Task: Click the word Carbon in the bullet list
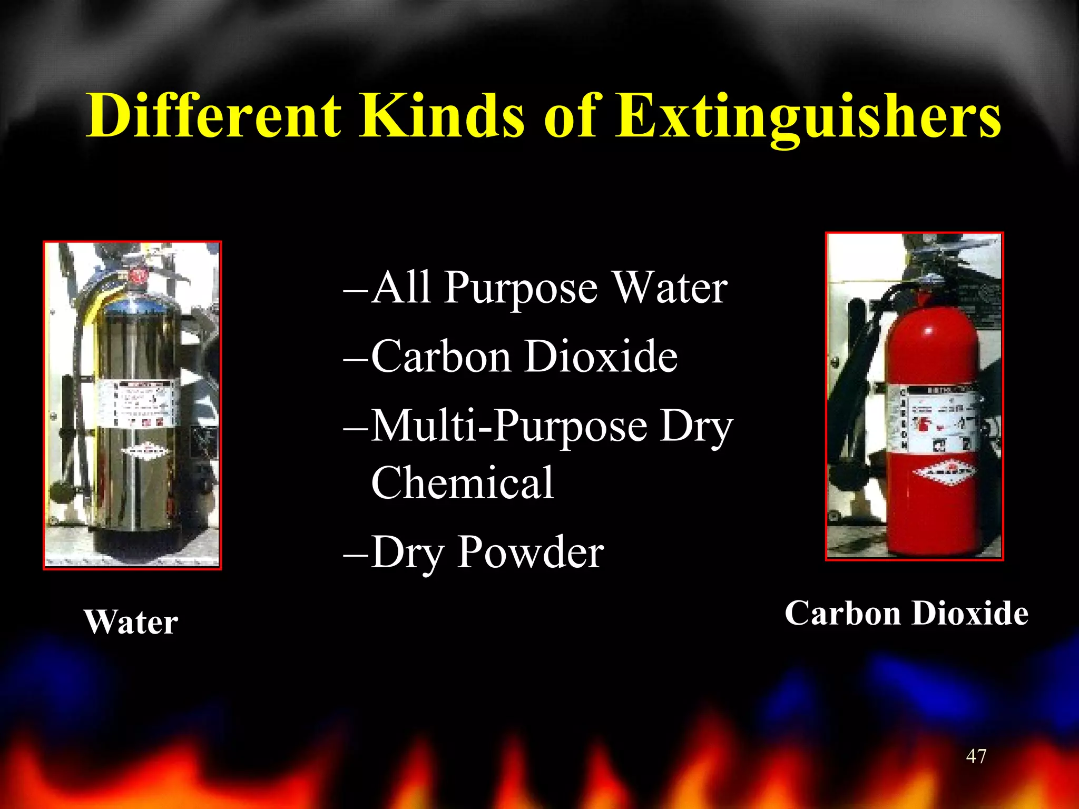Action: tap(442, 357)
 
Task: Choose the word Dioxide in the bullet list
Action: tap(602, 357)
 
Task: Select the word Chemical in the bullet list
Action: tap(462, 482)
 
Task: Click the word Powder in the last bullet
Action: tap(530, 552)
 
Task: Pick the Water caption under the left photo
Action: tap(131, 623)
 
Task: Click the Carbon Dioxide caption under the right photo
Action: tap(906, 614)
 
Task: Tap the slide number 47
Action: tap(976, 756)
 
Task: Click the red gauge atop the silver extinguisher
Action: tap(138, 275)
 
